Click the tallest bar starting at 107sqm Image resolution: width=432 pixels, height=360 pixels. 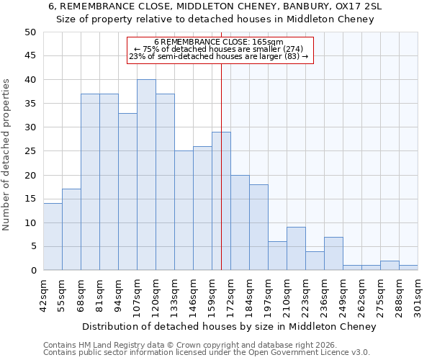pos(146,175)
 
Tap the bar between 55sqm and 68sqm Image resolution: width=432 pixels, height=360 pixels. pos(71,230)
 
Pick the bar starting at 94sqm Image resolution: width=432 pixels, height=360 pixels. pos(127,192)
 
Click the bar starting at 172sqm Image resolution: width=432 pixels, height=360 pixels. pos(240,222)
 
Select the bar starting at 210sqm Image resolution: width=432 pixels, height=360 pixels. pos(296,249)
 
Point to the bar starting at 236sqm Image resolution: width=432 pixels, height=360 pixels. pos(333,253)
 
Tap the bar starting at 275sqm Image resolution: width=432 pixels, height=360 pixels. pos(390,266)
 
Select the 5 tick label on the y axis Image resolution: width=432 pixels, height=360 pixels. pos(32,247)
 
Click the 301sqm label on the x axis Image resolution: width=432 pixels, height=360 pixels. pos(418,295)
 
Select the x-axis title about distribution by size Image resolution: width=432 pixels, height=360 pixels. pos(230,327)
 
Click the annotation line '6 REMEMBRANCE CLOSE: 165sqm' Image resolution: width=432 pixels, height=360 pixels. pos(220,42)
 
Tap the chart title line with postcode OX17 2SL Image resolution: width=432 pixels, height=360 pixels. pos(215,6)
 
